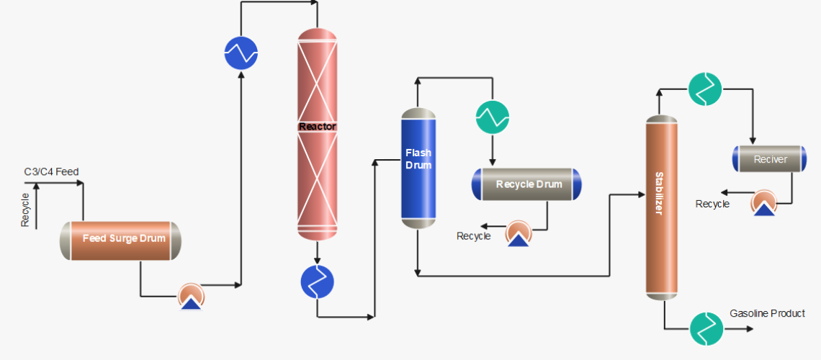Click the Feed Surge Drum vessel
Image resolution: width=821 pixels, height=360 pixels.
[x=120, y=240]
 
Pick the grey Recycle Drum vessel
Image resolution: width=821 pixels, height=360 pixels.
[x=526, y=184]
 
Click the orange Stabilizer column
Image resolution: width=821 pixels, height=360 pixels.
[x=661, y=207]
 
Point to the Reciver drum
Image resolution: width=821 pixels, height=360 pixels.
[x=770, y=159]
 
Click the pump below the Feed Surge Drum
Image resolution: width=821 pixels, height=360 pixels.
[x=192, y=296]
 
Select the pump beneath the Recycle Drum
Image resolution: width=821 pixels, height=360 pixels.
[x=518, y=234]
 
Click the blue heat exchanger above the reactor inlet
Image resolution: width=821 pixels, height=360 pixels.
[x=241, y=53]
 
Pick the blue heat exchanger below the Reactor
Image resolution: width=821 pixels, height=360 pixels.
[x=318, y=282]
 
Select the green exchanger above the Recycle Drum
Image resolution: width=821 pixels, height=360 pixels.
[x=493, y=116]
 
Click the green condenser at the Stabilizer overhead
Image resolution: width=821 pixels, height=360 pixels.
[x=704, y=89]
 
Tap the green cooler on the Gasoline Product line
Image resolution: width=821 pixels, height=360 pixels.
[x=706, y=328]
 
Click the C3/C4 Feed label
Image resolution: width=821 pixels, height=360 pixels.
[x=51, y=171]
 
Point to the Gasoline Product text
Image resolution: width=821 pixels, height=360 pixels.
[x=767, y=313]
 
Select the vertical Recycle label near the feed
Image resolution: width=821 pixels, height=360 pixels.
[x=25, y=210]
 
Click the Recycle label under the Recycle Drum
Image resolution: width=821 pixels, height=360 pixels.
[x=473, y=236]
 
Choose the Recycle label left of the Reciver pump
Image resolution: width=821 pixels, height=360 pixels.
[x=712, y=204]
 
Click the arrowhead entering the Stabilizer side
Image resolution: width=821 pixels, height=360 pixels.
[x=641, y=194]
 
